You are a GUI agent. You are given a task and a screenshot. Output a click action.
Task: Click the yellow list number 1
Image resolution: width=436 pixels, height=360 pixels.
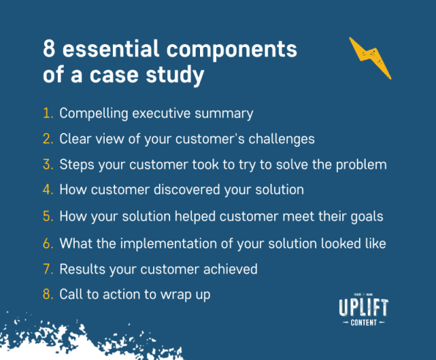click(48, 114)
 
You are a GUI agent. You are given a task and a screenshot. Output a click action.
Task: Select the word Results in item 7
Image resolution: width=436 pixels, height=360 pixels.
click(81, 269)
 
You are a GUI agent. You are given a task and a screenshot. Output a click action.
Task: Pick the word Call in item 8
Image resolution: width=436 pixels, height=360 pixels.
click(72, 295)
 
